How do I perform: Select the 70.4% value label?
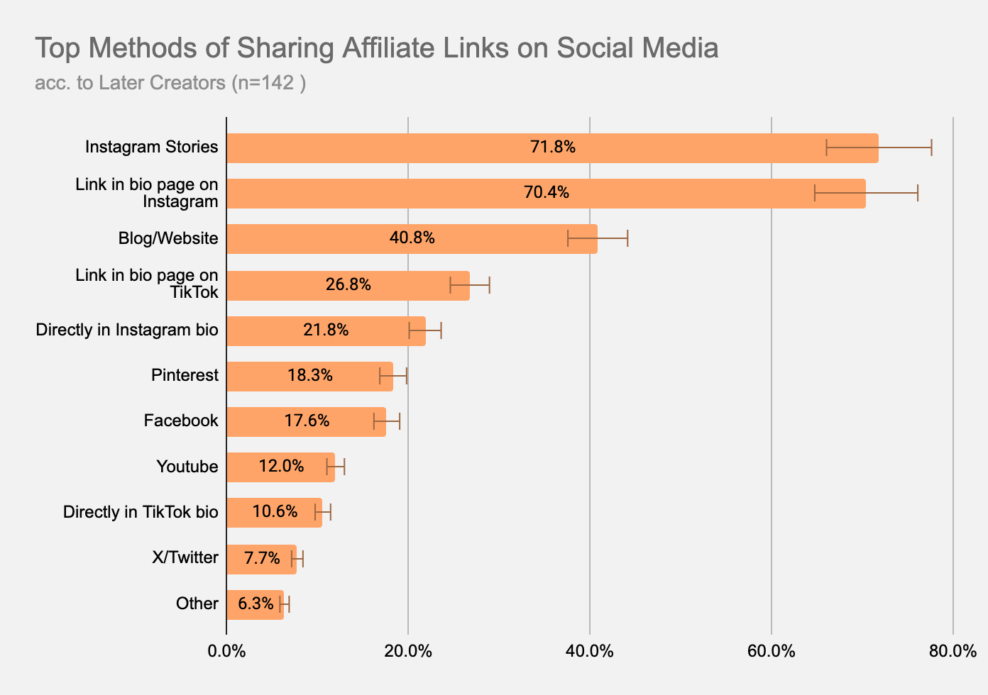[546, 192]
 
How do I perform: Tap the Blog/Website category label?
[168, 238]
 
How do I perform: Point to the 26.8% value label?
[348, 284]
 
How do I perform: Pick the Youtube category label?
[187, 467]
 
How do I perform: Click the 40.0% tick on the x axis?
[590, 651]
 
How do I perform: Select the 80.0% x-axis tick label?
[953, 651]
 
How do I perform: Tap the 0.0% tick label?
[226, 651]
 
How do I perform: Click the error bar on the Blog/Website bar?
[598, 238]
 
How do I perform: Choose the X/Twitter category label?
[185, 557]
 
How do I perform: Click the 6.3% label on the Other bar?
[256, 604]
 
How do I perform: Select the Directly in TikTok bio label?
[141, 512]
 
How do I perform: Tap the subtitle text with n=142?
[170, 83]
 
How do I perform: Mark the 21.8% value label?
[326, 330]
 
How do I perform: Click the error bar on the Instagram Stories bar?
[879, 148]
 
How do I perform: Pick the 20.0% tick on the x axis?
[408, 651]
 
